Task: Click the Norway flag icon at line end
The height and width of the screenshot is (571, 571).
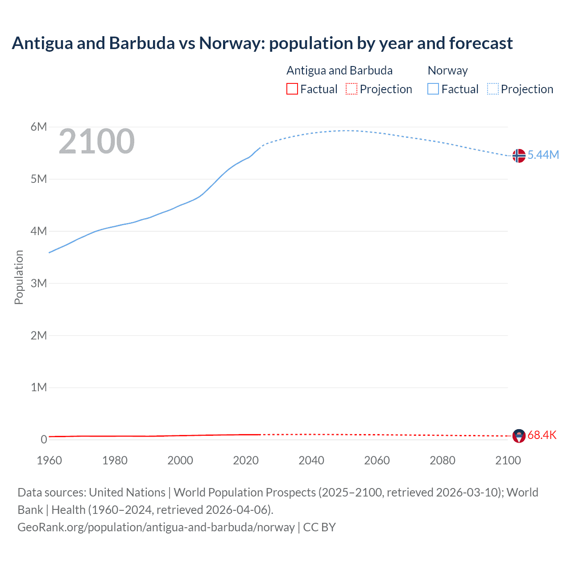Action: click(518, 156)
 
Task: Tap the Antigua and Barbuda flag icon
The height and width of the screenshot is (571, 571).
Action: click(518, 436)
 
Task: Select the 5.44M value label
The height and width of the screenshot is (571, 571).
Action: click(543, 155)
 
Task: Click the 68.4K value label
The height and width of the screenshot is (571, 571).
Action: click(542, 435)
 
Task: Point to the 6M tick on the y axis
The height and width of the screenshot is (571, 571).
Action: click(39, 127)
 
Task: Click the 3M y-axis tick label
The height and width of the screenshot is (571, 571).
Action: click(39, 283)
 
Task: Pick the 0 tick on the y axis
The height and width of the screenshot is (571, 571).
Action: click(44, 439)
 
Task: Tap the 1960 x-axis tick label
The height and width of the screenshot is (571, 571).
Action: click(49, 460)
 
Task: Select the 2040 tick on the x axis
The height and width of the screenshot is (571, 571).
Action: click(311, 460)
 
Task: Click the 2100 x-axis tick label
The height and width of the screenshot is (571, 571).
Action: click(508, 460)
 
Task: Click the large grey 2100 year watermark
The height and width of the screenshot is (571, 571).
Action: click(96, 141)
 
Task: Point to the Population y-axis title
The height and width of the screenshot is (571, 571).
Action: click(19, 277)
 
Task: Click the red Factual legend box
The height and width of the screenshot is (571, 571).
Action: click(292, 89)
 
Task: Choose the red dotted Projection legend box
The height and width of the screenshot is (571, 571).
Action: click(352, 89)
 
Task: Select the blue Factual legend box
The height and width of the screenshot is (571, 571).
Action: click(433, 89)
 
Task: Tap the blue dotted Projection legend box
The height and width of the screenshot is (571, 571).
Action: click(492, 89)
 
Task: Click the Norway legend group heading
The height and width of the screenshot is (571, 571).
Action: click(447, 70)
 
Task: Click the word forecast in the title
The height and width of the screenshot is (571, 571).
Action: click(481, 43)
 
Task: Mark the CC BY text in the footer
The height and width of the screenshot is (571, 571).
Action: click(319, 527)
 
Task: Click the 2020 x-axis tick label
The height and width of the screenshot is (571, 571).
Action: click(246, 460)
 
